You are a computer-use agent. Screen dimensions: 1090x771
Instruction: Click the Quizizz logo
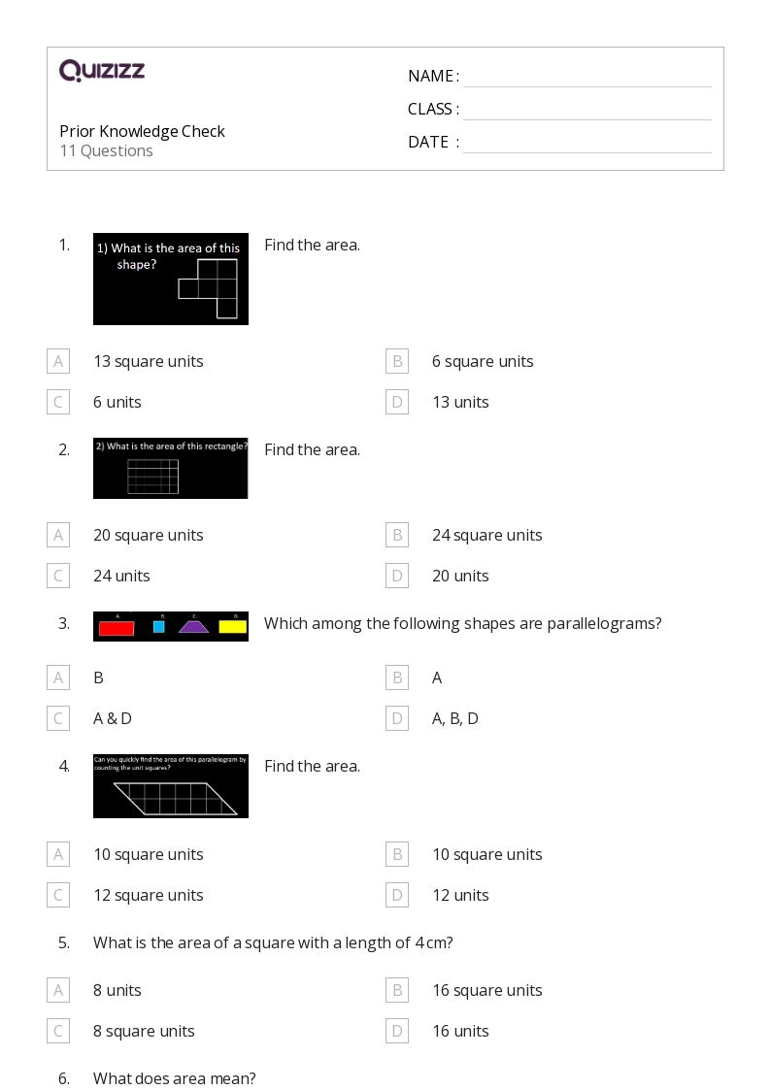point(102,71)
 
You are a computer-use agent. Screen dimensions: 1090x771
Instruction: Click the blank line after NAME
point(587,78)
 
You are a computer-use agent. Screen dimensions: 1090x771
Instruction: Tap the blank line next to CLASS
point(587,111)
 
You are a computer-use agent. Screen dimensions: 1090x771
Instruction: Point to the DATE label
point(428,143)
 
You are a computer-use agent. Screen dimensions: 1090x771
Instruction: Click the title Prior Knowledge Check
point(142,131)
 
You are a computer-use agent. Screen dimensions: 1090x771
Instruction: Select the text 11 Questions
point(106,151)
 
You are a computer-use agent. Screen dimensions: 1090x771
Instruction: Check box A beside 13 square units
point(58,361)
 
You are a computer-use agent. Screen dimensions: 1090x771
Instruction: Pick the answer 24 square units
point(486,535)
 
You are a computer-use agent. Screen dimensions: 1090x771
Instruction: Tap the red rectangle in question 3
point(117,628)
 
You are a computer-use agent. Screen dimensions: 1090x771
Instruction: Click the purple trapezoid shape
point(193,627)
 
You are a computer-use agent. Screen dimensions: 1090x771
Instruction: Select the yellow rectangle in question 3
point(232,627)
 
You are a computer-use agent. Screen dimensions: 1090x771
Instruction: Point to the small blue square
point(159,627)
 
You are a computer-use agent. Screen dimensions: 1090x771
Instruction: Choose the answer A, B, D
point(454,718)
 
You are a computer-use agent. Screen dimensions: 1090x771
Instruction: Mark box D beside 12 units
point(397,895)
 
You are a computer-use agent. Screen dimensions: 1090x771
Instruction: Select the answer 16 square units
point(486,990)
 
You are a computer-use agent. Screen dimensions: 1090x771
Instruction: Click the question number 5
point(64,942)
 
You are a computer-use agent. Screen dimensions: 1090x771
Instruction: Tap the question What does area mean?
point(175,1078)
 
